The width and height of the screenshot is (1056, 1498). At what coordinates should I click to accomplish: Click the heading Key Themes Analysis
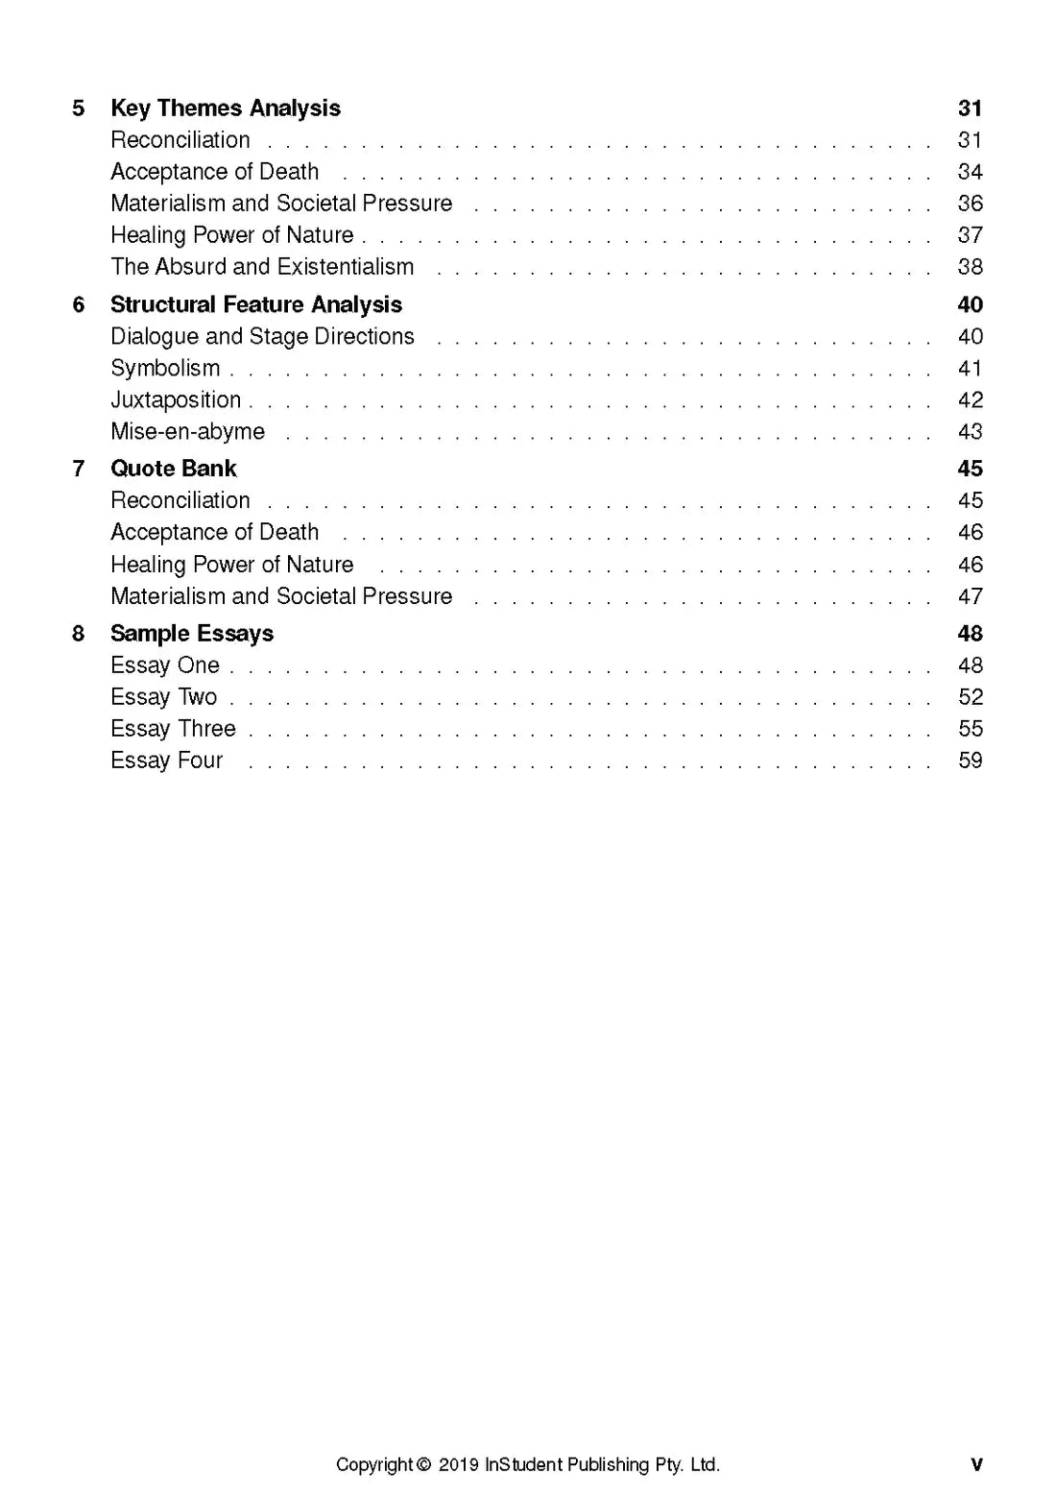coord(226,109)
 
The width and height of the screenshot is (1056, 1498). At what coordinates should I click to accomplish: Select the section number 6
coord(79,305)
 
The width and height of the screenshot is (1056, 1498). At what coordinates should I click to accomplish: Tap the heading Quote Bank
coord(174,469)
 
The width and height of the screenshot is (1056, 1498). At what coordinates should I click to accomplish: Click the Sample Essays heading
coord(192,634)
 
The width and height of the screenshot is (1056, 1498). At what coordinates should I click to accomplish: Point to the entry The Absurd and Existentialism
coord(262,267)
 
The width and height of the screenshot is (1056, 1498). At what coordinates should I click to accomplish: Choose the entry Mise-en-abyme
coord(187,432)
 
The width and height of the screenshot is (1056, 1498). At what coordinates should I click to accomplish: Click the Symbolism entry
coord(165,369)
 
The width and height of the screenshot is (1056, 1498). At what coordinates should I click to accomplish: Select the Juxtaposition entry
coord(176,400)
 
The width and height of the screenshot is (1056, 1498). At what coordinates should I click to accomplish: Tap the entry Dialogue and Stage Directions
coord(262,337)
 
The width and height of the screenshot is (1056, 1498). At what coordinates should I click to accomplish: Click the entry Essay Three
coord(173,729)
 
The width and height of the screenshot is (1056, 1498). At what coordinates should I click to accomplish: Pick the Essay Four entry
coord(166,761)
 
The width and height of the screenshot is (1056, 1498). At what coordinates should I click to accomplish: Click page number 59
coord(970,761)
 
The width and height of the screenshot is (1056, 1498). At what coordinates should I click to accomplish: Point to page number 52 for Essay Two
coord(970,697)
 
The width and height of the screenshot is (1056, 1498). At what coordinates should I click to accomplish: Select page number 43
coord(970,432)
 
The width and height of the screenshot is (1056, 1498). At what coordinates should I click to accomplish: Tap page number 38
coord(970,267)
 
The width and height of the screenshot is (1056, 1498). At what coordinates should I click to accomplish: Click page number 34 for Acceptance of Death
coord(970,172)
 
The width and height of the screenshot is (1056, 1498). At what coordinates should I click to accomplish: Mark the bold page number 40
coord(970,305)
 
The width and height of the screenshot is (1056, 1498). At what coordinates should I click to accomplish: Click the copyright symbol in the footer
coord(424,1465)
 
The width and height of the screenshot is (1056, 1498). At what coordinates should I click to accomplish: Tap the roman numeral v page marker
coord(976,1465)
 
